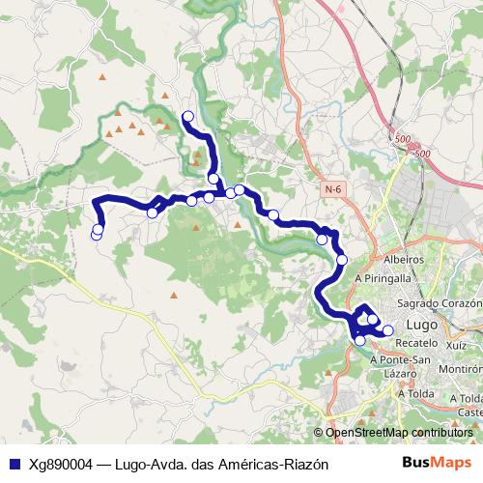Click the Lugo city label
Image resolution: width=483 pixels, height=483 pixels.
click(x=424, y=325)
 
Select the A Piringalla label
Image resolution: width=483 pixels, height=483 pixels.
click(x=384, y=277)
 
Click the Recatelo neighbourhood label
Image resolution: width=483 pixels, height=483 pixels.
click(x=417, y=343)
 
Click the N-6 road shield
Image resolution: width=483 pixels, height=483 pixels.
click(x=334, y=189)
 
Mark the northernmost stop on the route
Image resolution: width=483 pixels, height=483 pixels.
click(x=187, y=117)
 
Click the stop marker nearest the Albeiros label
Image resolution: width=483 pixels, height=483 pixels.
click(x=342, y=259)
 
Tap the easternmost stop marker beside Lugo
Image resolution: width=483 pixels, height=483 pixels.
click(x=388, y=330)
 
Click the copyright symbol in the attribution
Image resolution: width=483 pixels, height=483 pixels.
click(x=320, y=432)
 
